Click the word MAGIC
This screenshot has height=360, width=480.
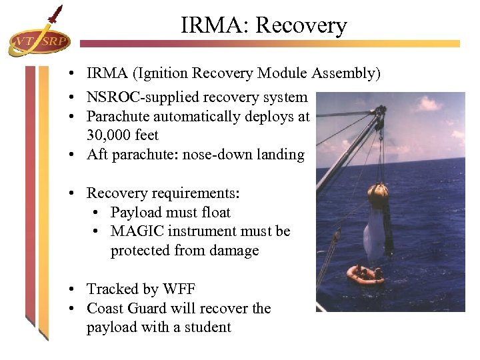coord(140,231)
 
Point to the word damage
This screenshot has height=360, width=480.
coord(234,251)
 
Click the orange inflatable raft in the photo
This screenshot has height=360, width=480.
coord(365,274)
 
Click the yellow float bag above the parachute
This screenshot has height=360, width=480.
coord(377,191)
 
